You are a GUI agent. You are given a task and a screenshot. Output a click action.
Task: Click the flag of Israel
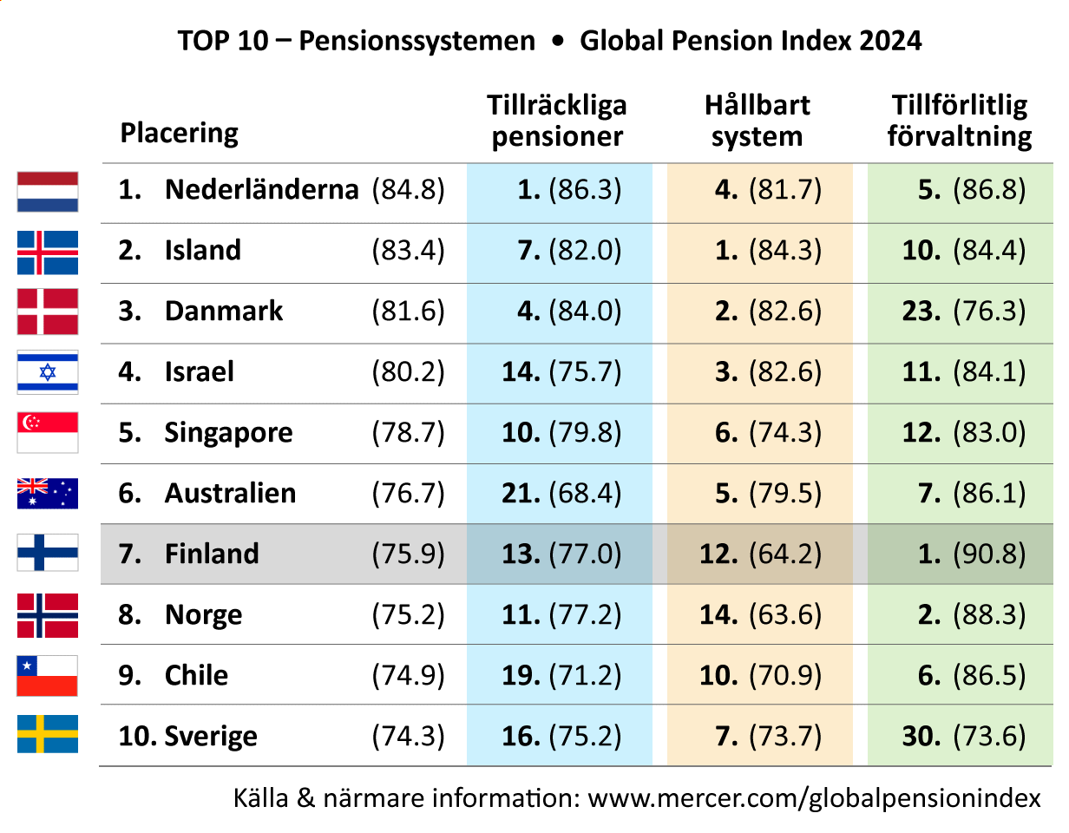(48, 372)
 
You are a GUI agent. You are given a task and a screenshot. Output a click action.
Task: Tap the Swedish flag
(48, 734)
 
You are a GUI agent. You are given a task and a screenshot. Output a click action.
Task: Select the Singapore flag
(48, 432)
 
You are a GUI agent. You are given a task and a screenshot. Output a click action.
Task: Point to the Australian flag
(48, 493)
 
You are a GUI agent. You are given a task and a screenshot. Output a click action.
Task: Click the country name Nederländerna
(262, 189)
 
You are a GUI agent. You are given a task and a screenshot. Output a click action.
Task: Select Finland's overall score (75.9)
(409, 554)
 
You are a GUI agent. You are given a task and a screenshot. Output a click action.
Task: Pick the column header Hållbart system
(757, 121)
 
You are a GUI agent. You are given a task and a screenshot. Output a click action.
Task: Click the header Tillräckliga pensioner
(557, 121)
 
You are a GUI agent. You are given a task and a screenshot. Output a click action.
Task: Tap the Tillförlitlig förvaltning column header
(960, 121)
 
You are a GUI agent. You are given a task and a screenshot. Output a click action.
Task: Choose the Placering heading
(179, 134)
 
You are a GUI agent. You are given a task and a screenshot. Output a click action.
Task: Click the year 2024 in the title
(890, 40)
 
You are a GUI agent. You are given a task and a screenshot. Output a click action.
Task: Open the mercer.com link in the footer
(814, 798)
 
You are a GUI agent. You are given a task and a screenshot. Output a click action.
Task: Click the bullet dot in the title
(557, 41)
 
